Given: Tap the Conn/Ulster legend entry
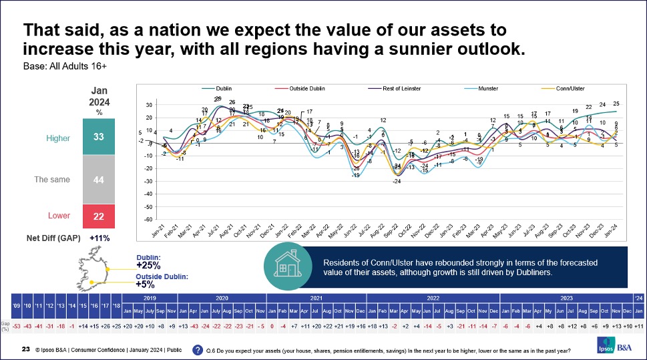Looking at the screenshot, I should point(550,87).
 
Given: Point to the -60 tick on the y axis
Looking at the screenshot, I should point(148,219).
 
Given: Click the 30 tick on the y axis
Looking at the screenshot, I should point(149,106).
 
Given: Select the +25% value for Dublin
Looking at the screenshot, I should point(149,265).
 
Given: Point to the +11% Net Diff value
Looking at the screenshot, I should point(99,237).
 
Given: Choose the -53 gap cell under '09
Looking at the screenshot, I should point(15,325).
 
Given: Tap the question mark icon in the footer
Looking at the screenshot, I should point(198,349).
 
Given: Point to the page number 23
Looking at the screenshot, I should point(25,349).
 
